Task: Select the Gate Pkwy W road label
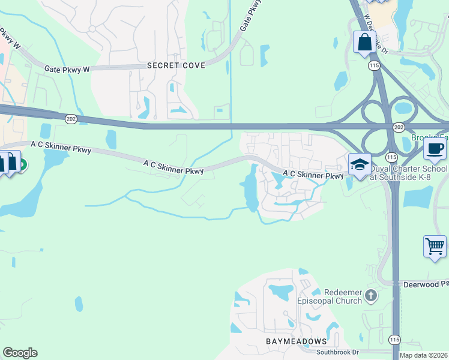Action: (x=67, y=70)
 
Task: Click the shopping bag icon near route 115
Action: (x=364, y=42)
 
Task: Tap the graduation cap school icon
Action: (x=359, y=164)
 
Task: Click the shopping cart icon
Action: (x=435, y=245)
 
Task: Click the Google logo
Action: (x=20, y=353)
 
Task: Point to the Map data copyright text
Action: (x=424, y=355)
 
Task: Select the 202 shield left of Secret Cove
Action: (x=71, y=119)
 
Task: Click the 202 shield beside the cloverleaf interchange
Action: (x=399, y=128)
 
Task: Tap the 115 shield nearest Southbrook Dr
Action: (x=394, y=340)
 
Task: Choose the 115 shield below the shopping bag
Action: (x=375, y=65)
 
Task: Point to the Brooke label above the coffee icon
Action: (x=427, y=137)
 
